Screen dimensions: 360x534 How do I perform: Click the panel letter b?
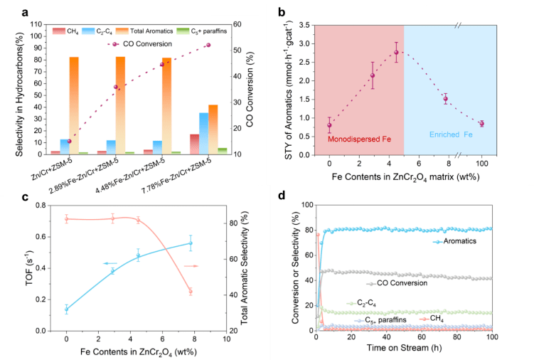pos(283,13)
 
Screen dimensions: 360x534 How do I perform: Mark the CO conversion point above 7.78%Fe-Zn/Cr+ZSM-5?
pos(208,45)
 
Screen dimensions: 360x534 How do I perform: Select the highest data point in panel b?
pos(396,52)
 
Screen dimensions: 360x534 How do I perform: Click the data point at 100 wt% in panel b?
pos(481,124)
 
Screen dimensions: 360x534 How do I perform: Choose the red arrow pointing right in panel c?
pos(190,265)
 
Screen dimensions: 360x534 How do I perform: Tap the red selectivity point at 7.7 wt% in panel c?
pos(190,291)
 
